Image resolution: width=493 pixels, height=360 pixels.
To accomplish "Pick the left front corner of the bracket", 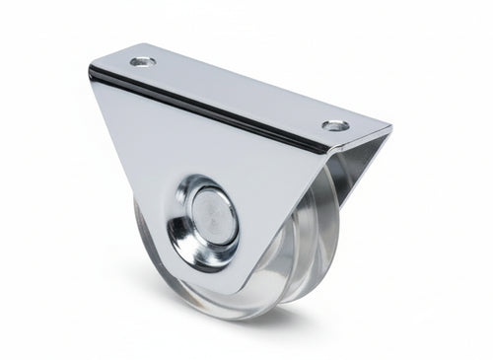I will (90, 71).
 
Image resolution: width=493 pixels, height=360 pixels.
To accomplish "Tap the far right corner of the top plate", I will (388, 127).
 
